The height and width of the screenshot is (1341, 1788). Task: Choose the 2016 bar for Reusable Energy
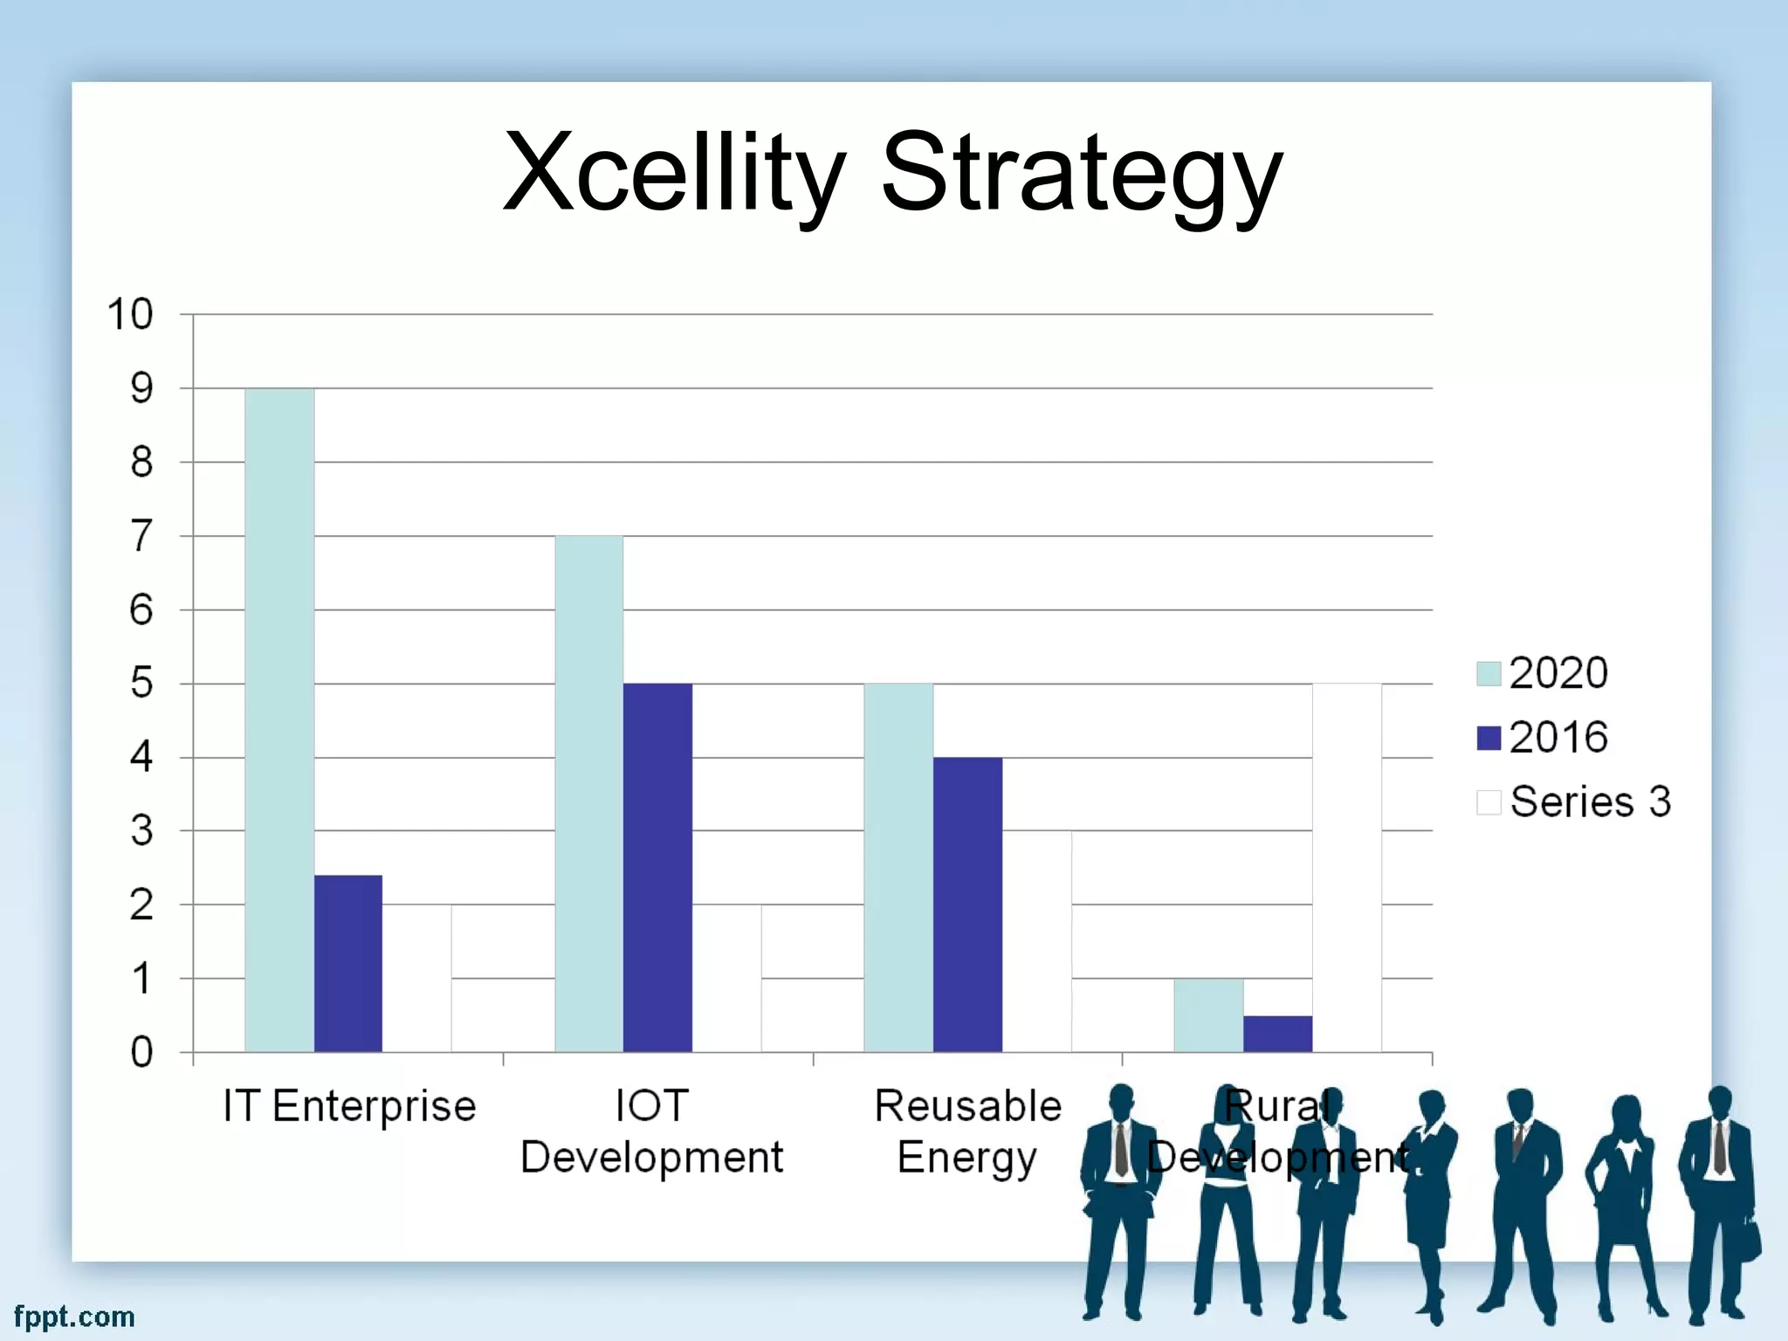click(x=967, y=904)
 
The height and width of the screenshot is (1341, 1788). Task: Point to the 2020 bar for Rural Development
click(x=1208, y=1014)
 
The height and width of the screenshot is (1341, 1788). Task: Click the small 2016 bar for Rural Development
click(x=1277, y=1034)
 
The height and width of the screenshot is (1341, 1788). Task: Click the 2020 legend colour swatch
click(x=1489, y=673)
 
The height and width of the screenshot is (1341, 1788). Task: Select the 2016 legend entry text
click(x=1558, y=738)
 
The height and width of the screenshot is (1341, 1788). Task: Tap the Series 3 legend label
click(x=1590, y=801)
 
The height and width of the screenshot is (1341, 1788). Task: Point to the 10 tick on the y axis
click(x=130, y=314)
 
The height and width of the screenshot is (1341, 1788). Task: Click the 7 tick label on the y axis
click(x=141, y=536)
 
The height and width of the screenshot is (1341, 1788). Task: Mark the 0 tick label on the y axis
click(x=141, y=1053)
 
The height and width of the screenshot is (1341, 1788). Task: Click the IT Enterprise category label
click(x=349, y=1106)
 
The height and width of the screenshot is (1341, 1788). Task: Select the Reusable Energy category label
click(x=967, y=1131)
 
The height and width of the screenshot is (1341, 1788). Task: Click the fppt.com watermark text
click(x=74, y=1317)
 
